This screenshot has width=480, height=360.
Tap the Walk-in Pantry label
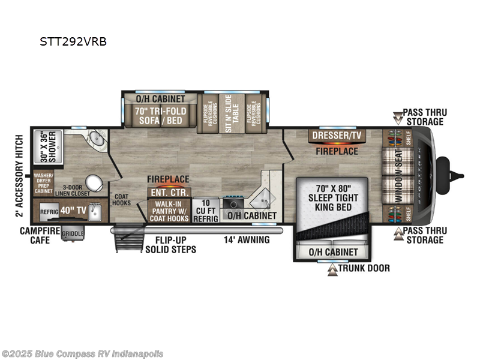click(169, 211)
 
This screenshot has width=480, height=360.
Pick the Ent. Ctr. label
click(170, 192)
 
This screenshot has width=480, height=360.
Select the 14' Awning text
click(246, 240)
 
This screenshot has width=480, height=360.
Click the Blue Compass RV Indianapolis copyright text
click(83, 353)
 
